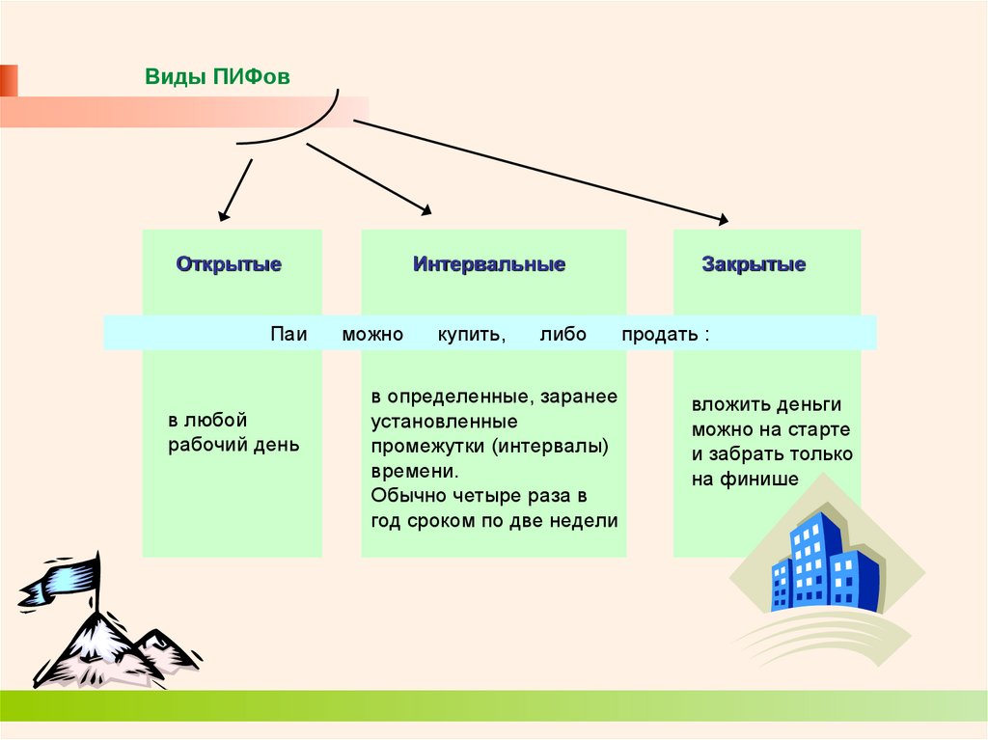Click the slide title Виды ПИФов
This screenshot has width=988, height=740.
point(217,77)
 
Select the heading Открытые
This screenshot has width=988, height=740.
point(229,264)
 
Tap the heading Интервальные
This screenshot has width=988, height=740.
point(489,264)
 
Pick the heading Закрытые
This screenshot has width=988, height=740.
point(754,264)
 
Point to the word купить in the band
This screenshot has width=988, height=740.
point(470,335)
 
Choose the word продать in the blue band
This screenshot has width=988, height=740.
point(659,335)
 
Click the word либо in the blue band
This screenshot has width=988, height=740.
point(563,335)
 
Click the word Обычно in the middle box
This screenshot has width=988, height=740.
point(404,496)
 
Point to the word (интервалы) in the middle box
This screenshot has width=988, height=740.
point(555,447)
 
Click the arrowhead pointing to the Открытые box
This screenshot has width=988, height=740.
point(223,215)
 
